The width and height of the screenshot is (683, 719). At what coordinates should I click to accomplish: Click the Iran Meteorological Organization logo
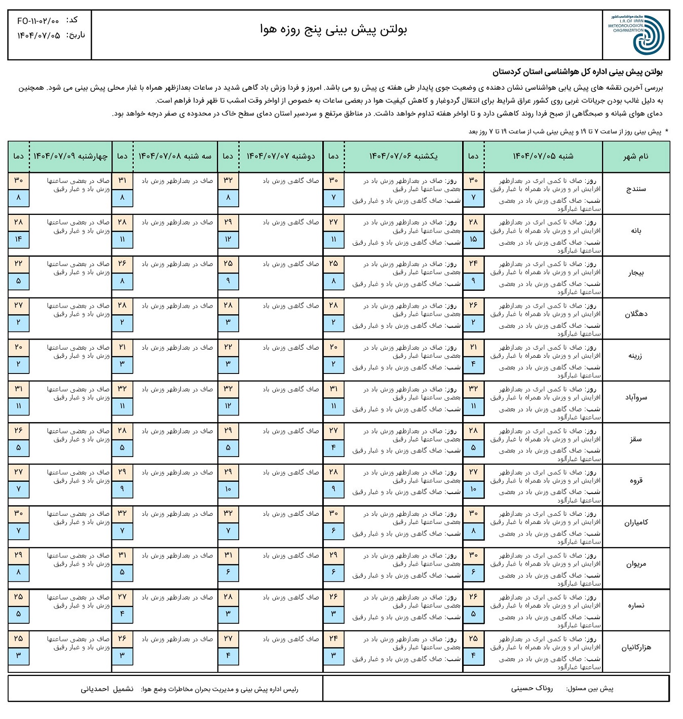(x=636, y=34)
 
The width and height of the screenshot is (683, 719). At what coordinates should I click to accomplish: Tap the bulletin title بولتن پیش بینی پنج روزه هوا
(x=333, y=30)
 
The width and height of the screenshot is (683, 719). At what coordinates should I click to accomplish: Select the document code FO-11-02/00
(x=38, y=21)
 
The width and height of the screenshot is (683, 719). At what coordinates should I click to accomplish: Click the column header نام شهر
(x=636, y=157)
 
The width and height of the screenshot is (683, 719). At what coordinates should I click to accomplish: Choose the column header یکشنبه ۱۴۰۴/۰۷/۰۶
(x=403, y=156)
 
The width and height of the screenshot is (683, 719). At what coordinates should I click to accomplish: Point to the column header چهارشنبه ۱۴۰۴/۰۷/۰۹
(x=70, y=156)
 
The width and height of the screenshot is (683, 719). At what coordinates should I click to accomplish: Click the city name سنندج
(x=636, y=189)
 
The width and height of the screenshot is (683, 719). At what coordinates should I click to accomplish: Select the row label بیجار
(x=636, y=273)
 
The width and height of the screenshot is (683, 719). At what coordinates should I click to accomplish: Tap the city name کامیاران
(x=636, y=522)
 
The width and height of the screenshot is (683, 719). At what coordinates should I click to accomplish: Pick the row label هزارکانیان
(x=636, y=648)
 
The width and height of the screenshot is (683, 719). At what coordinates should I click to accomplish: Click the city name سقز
(x=636, y=439)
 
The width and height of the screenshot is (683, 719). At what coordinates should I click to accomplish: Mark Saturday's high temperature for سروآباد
(x=473, y=389)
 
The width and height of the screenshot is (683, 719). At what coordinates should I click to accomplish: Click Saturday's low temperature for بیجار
(x=473, y=281)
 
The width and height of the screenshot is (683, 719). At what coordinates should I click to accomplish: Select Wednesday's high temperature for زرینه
(x=19, y=348)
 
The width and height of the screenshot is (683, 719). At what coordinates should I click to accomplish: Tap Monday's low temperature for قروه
(x=228, y=489)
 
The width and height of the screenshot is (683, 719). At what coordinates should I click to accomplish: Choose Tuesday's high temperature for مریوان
(x=122, y=556)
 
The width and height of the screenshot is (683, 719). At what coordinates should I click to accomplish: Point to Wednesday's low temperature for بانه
(x=19, y=239)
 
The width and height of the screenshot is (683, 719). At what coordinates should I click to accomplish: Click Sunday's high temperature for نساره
(x=333, y=597)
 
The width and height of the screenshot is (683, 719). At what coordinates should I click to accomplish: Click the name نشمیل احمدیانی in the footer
(x=107, y=689)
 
